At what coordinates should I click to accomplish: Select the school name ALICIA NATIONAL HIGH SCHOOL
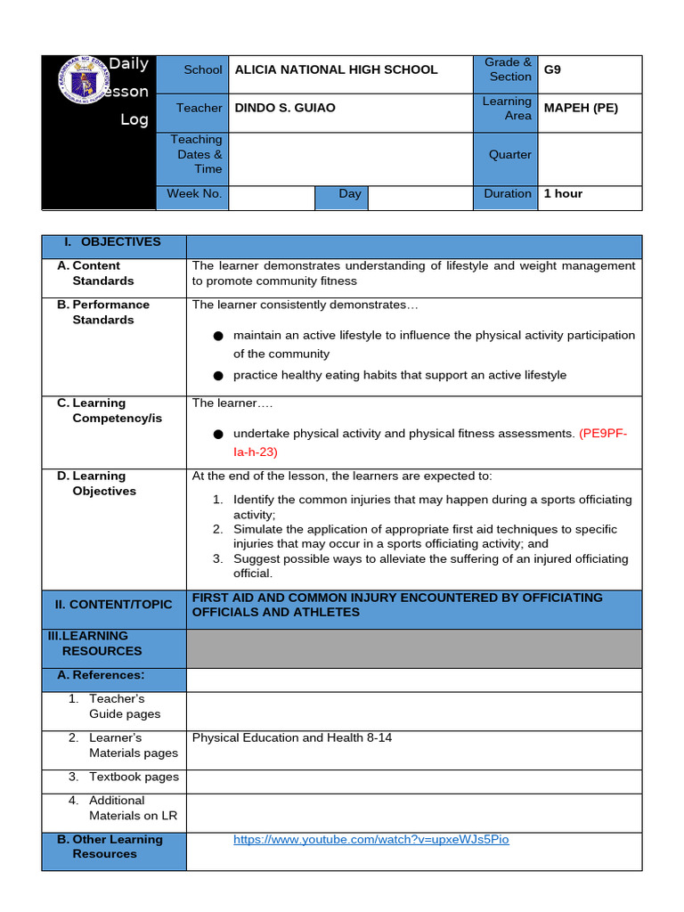pyautogui.click(x=336, y=69)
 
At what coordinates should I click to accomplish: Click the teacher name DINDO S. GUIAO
pyautogui.click(x=284, y=108)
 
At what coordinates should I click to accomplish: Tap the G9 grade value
pyautogui.click(x=552, y=69)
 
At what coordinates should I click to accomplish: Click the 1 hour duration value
pyautogui.click(x=563, y=193)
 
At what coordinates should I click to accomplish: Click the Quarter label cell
pyautogui.click(x=509, y=154)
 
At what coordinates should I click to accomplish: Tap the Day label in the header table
pyautogui.click(x=349, y=193)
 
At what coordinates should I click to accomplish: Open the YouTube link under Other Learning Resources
pyautogui.click(x=370, y=839)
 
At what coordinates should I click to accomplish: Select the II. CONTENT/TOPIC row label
pyautogui.click(x=113, y=605)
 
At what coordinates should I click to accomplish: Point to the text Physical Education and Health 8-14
pyautogui.click(x=292, y=737)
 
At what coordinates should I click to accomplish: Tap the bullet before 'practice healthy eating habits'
pyautogui.click(x=217, y=376)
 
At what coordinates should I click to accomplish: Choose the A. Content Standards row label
pyautogui.click(x=102, y=273)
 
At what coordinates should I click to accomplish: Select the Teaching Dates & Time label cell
pyautogui.click(x=195, y=154)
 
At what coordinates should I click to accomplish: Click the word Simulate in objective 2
pyautogui.click(x=259, y=529)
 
